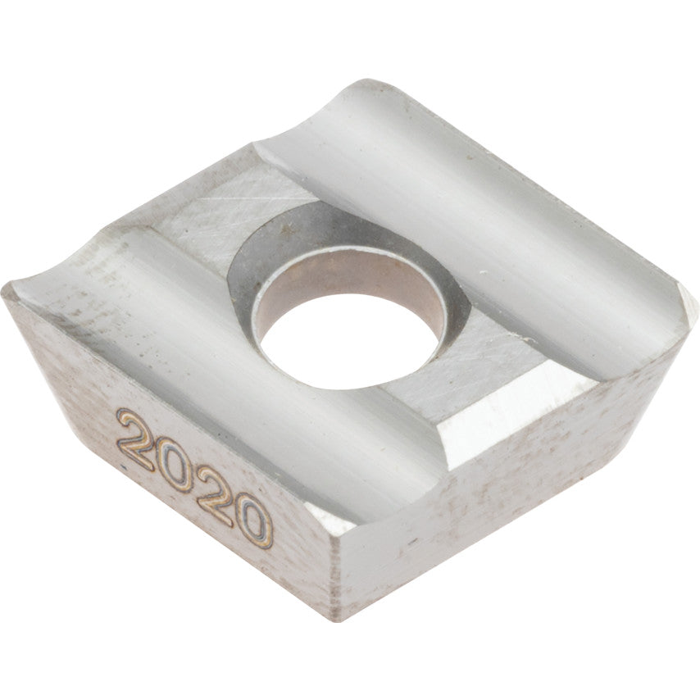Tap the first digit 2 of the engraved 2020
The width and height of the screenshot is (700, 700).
click(x=138, y=439)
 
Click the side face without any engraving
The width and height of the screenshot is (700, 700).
click(x=508, y=492)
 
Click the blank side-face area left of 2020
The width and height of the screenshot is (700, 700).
click(x=66, y=393)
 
